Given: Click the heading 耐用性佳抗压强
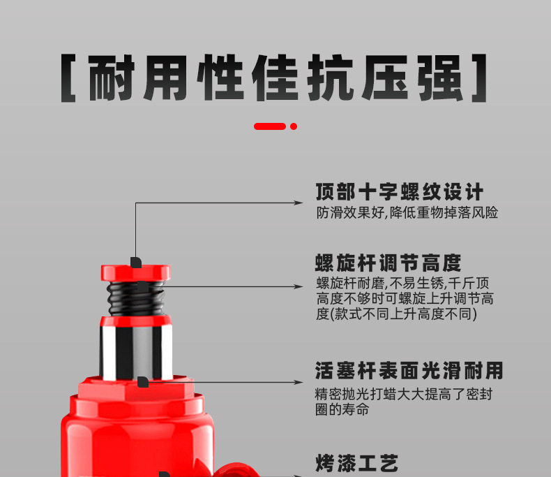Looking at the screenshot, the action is tap(275, 78).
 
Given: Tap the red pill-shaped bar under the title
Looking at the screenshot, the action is tap(269, 126).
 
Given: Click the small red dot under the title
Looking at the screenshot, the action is tap(294, 126).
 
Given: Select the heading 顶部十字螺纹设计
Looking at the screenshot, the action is tap(400, 192).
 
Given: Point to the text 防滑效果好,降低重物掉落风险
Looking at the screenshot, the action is tap(407, 213).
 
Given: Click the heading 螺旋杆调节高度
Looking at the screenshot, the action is tap(388, 263).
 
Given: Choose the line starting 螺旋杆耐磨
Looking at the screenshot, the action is tap(402, 283).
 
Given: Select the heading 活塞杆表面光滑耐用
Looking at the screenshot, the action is tap(409, 371).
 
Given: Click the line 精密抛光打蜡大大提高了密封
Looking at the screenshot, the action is tap(403, 395).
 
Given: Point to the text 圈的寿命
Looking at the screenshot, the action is tap(342, 409).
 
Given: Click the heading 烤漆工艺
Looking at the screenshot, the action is tap(356, 463).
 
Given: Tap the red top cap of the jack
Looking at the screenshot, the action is tap(135, 273).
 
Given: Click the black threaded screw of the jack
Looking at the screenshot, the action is tap(136, 298).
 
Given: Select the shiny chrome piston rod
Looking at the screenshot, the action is tap(136, 352).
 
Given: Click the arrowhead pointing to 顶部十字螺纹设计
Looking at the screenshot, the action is tap(299, 203).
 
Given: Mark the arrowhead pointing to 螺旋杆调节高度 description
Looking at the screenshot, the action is tap(299, 287).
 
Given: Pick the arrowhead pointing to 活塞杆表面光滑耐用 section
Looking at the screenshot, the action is tap(299, 383).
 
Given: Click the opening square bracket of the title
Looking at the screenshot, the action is tap(68, 78).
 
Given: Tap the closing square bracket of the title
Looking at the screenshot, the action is tap(480, 78).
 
